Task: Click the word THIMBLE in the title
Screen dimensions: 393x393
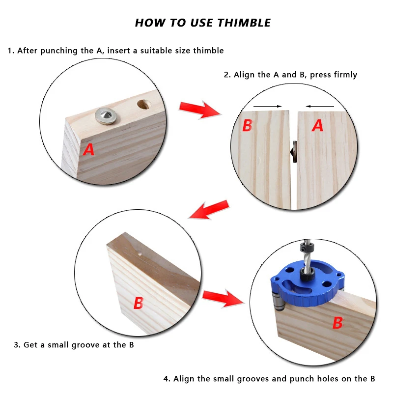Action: (244, 23)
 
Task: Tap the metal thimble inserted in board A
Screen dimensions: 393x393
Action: (106, 116)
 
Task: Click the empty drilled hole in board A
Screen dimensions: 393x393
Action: (144, 105)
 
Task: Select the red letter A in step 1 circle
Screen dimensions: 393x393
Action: (89, 149)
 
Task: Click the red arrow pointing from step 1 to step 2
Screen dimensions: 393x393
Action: (200, 110)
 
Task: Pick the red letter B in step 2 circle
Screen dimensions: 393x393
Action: (248, 125)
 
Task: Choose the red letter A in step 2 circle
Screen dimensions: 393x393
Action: (317, 125)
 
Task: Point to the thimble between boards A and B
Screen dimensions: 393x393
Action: (293, 152)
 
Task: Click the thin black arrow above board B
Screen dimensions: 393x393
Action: (268, 106)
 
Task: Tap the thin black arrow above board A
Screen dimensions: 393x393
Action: (320, 106)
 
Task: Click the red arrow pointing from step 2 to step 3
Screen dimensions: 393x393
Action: (209, 210)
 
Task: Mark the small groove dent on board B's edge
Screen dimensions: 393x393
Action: (140, 254)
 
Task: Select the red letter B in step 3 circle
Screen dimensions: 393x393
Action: (139, 303)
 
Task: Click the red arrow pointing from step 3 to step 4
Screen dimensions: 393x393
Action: (224, 298)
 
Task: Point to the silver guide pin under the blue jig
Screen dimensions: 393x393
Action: (278, 301)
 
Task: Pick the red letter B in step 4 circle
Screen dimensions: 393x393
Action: (337, 323)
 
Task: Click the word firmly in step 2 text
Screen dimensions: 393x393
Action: (345, 75)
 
